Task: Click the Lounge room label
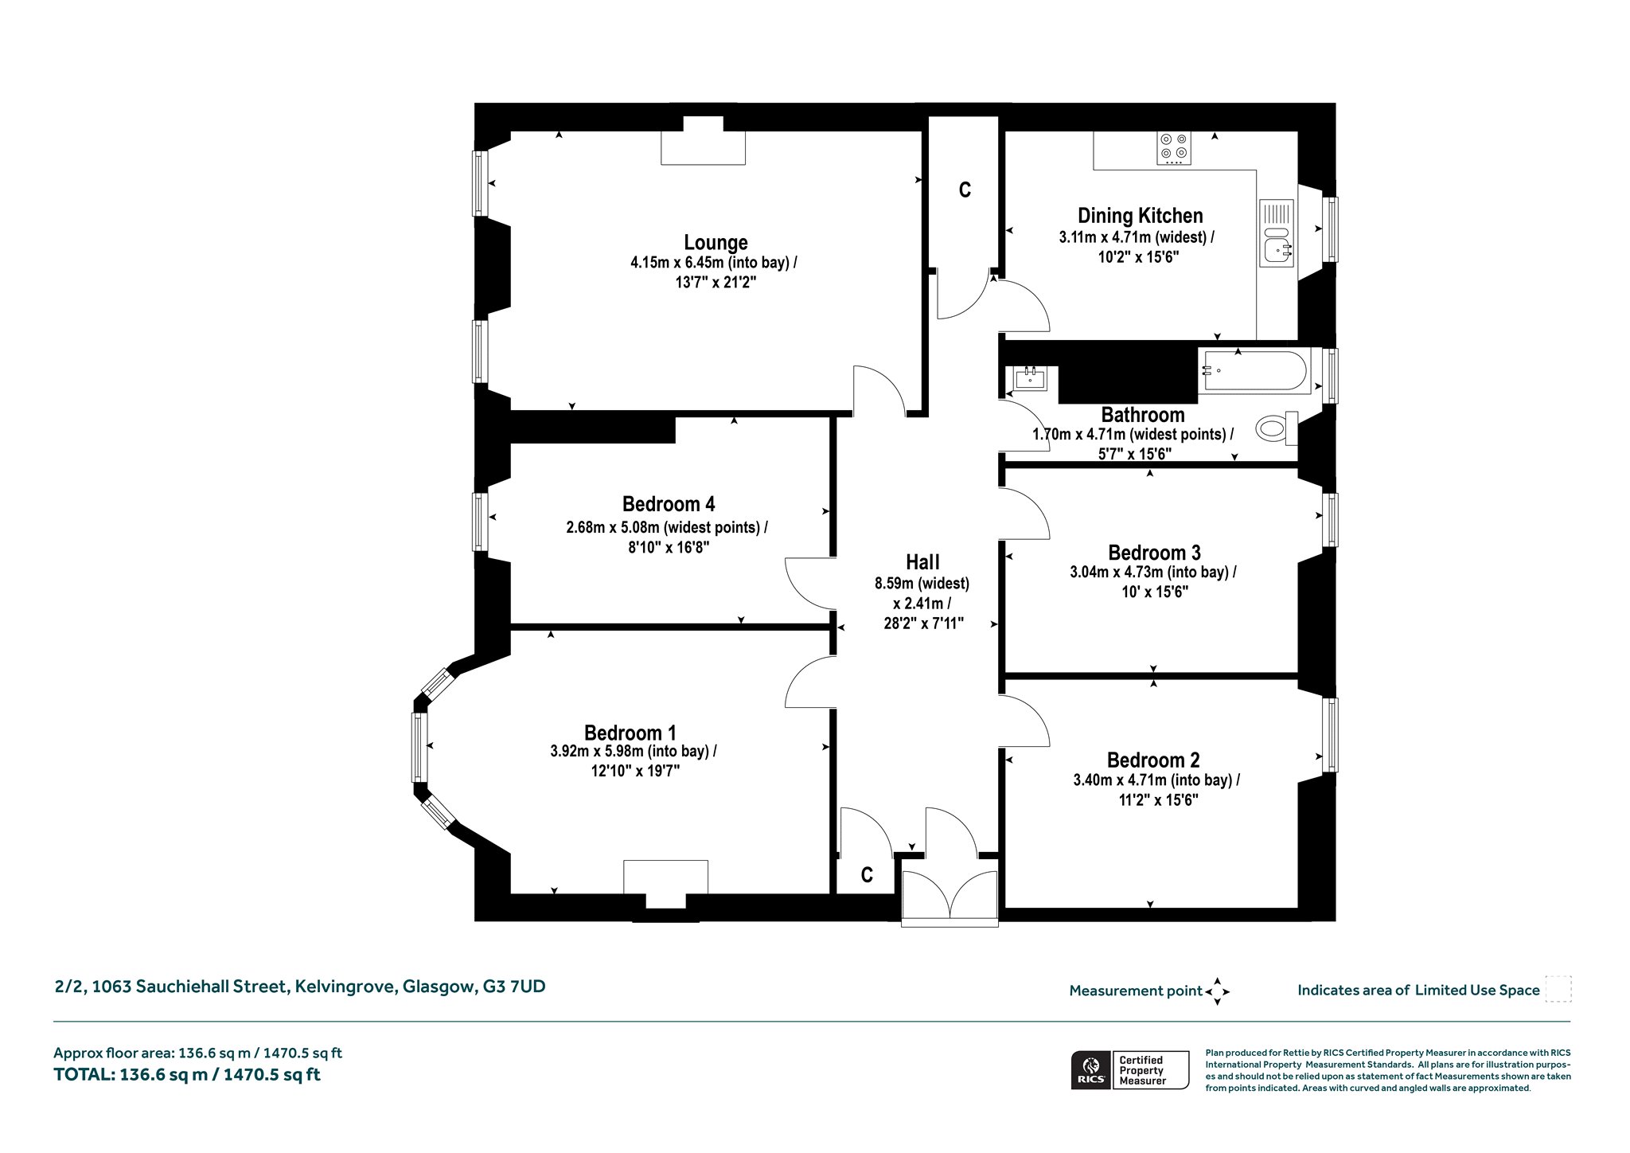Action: point(716,242)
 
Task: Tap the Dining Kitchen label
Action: point(1140,215)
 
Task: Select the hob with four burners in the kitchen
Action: point(1174,147)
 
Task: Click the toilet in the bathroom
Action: point(1277,428)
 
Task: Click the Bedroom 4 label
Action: point(669,504)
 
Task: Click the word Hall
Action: point(922,562)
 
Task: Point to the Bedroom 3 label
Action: point(1154,553)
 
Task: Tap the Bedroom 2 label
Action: point(1153,760)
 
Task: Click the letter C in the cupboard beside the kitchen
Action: point(965,190)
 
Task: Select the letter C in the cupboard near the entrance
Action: point(867,876)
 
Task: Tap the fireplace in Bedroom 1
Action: point(665,883)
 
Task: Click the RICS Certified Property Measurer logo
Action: point(1130,1069)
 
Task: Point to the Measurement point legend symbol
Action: point(1218,991)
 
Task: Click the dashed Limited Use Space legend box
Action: point(1558,990)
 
